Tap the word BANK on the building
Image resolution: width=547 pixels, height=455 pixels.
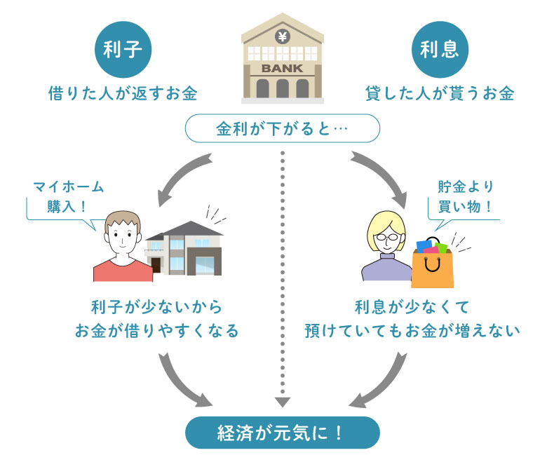(282, 69)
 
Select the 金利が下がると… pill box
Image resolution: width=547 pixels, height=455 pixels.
(282, 129)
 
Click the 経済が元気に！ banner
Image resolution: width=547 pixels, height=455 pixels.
(282, 433)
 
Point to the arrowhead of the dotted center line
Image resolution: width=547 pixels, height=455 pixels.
(282, 402)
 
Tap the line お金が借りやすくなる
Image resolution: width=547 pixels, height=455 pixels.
(156, 330)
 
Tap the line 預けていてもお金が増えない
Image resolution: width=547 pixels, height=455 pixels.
(411, 330)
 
